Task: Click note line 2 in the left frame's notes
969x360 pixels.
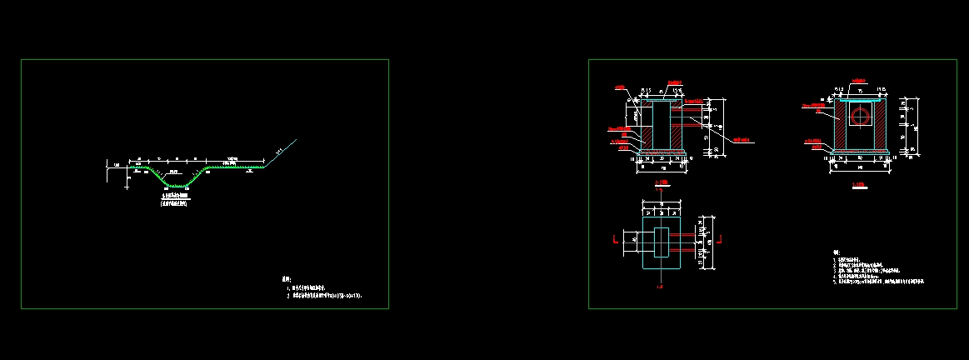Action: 325,295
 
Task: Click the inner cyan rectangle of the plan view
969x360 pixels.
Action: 662,241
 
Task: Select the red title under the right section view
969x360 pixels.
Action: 858,185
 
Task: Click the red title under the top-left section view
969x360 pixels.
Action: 662,182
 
